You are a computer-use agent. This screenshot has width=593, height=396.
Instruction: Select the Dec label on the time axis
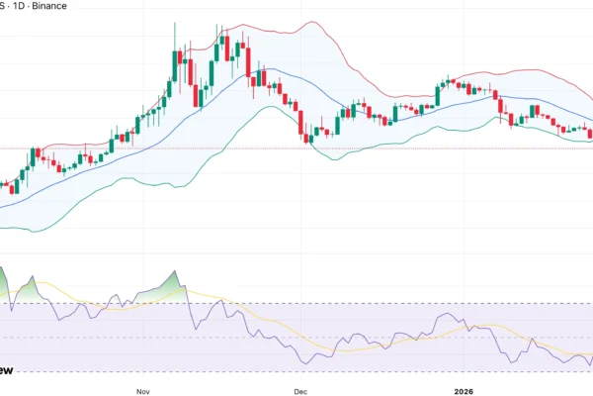click(301, 390)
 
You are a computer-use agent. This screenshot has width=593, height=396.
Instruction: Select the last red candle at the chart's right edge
click(590, 134)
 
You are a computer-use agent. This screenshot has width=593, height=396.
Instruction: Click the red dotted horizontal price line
click(247, 148)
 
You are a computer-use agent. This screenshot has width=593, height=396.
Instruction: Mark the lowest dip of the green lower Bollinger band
click(38, 232)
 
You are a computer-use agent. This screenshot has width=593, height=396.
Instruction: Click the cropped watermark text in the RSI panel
click(6, 370)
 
